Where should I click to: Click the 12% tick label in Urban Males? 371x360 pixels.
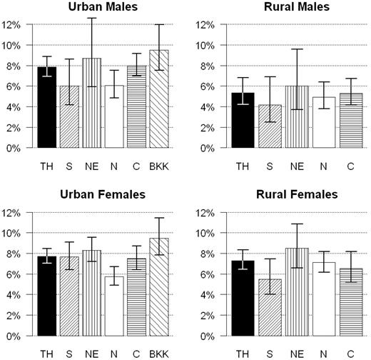(14, 24)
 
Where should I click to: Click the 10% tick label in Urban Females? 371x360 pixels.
(14, 234)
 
